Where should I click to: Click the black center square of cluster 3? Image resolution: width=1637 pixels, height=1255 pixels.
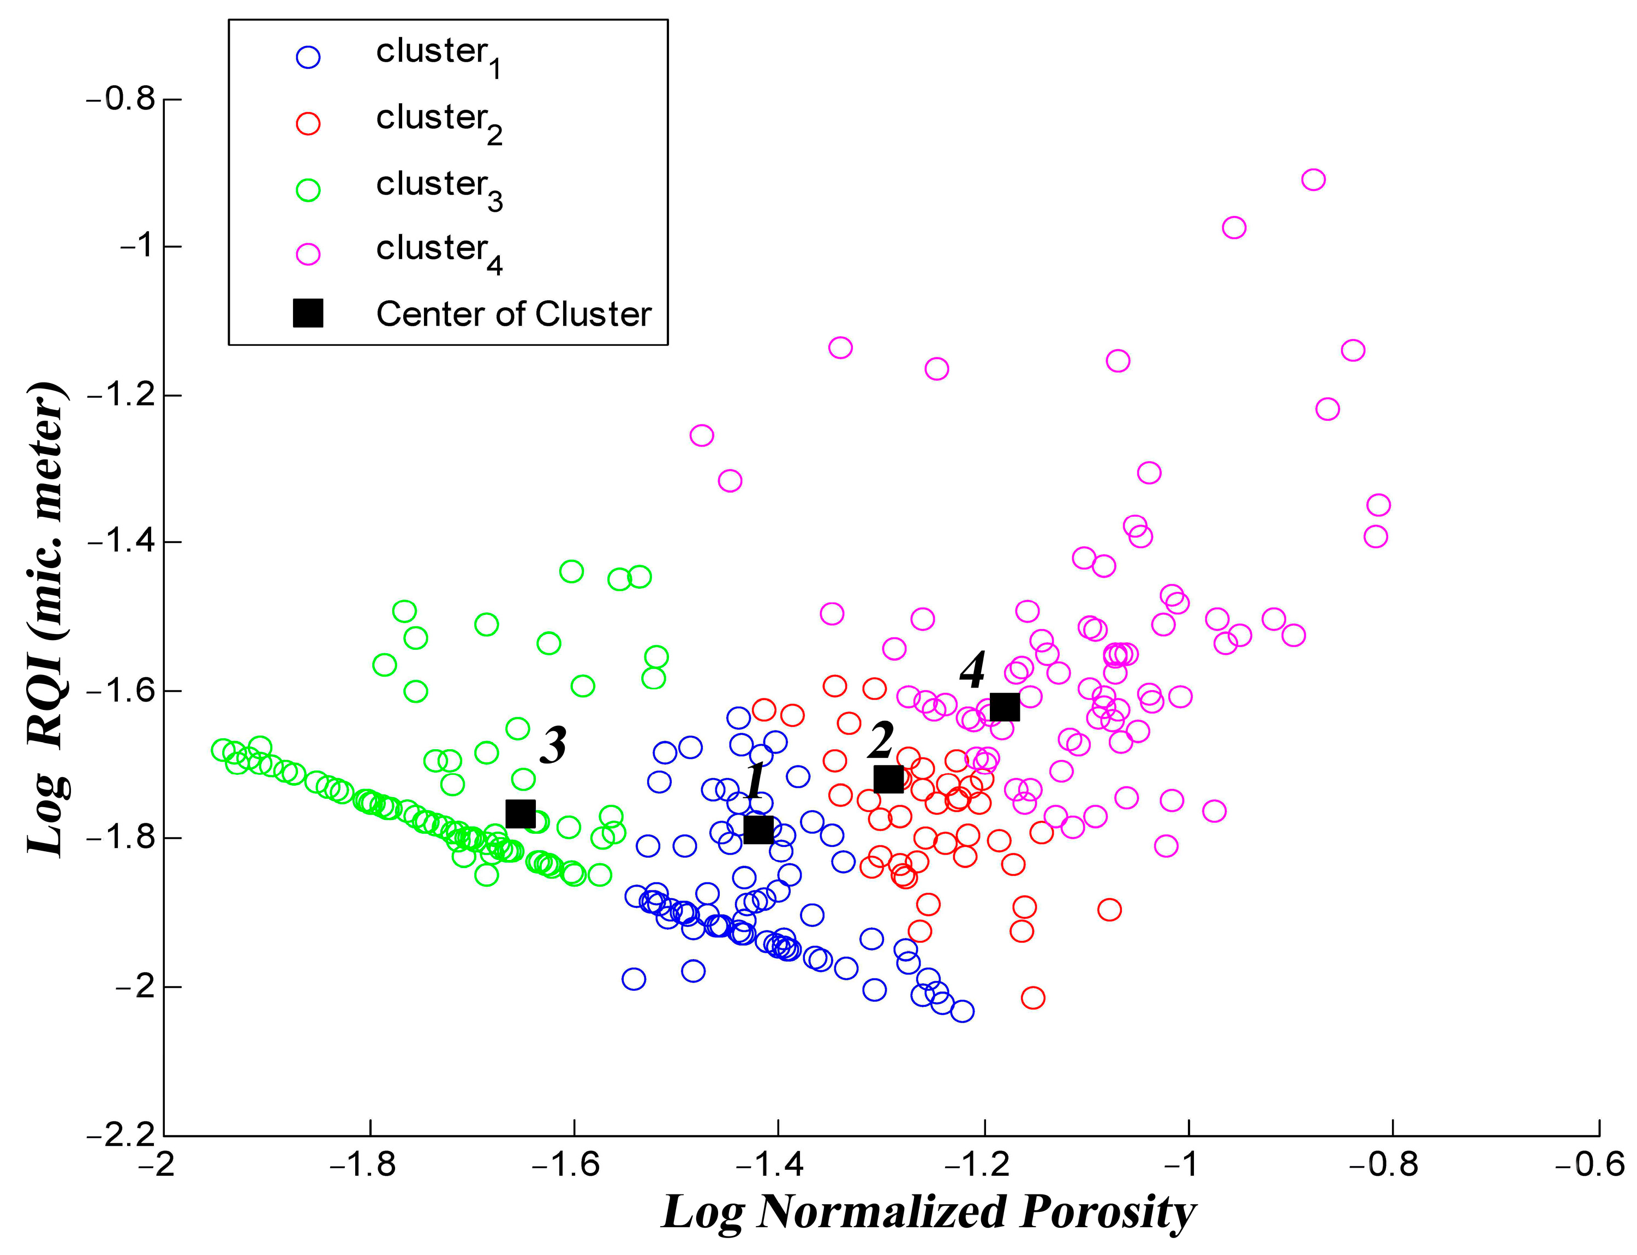coord(520,814)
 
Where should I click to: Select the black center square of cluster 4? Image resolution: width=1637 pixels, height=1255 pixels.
coord(1004,706)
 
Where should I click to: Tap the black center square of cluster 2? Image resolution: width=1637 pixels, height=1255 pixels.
coord(888,779)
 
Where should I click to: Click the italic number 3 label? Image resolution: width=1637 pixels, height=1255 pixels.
coord(553,745)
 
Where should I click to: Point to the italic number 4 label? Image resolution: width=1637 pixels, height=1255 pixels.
coord(972,670)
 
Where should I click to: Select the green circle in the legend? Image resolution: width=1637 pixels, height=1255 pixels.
coord(308,190)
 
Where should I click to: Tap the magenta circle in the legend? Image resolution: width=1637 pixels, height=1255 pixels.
coord(308,254)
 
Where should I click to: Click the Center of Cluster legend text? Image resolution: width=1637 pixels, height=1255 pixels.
coord(513,314)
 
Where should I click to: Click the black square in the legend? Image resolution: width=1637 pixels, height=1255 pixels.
coord(308,313)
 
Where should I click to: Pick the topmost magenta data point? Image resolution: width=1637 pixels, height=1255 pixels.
coord(1313,180)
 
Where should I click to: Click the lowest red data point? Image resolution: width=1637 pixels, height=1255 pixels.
coord(1032,997)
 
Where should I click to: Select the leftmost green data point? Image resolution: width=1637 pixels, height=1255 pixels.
coord(223,749)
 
